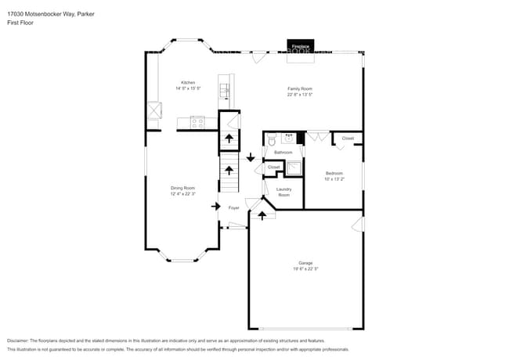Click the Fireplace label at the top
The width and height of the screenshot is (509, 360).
(301, 48)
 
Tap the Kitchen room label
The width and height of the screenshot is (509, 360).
(188, 83)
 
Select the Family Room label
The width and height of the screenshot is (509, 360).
(299, 89)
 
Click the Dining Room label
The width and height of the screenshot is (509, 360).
(183, 188)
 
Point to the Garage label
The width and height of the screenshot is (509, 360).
(305, 263)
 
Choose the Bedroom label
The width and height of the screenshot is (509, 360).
(334, 172)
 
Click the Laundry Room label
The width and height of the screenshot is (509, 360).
(283, 192)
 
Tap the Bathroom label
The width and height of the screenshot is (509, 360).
(283, 152)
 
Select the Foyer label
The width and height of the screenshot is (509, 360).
(233, 207)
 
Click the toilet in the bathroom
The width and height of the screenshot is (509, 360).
(271, 141)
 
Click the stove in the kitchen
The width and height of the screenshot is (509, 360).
(197, 121)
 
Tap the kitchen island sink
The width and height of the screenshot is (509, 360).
(224, 91)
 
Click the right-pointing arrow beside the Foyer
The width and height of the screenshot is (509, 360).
(216, 206)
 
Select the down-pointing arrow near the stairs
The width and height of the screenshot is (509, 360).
(251, 158)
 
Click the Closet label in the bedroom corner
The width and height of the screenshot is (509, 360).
(348, 139)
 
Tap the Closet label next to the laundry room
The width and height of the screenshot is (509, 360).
(273, 167)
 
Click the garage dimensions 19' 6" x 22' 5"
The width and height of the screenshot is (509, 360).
(305, 268)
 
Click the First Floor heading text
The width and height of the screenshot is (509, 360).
(20, 23)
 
